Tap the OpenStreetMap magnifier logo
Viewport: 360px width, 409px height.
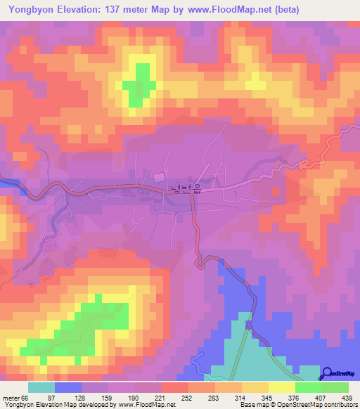pyautogui.click(x=327, y=374)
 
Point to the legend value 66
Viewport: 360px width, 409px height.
pyautogui.click(x=27, y=399)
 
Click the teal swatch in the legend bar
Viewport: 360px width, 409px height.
pyautogui.click(x=41, y=387)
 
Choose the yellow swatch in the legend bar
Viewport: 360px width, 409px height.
pyautogui.click(x=281, y=387)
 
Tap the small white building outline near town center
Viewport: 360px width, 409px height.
pyautogui.click(x=158, y=176)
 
